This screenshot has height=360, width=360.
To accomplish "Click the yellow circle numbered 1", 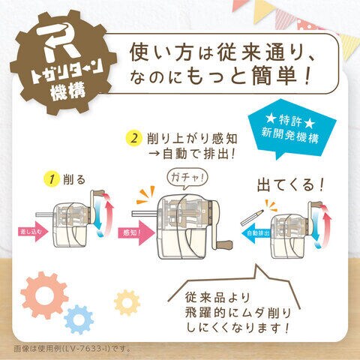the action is point(52,179).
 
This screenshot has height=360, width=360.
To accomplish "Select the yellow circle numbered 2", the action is point(134,138).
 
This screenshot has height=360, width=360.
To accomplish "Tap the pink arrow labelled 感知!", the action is point(136,232).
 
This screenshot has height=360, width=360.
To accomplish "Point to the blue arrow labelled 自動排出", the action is point(256,233).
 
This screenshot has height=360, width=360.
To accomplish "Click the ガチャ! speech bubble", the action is point(187,178).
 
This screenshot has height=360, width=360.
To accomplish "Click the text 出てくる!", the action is point(290,185).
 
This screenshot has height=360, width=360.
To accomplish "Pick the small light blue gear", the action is point(79,319).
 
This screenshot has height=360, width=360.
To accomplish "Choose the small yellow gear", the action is point(127,302).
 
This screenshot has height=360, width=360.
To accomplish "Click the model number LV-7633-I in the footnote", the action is point(86,348).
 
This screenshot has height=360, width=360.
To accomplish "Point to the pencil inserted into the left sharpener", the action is point(45,214).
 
